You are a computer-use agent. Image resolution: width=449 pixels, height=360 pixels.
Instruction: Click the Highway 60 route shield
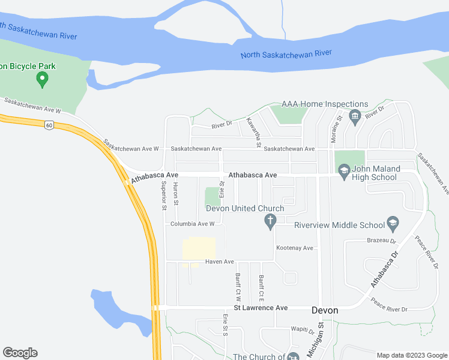click(49, 124)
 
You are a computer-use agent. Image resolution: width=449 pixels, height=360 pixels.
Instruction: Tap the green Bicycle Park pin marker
click(42, 78)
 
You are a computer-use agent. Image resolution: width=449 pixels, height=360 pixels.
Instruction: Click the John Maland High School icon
click(344, 172)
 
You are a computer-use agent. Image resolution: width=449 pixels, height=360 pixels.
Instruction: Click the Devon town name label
click(325, 310)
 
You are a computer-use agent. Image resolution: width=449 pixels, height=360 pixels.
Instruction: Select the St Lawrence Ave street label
click(261, 308)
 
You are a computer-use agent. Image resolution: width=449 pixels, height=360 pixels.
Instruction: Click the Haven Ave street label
click(219, 262)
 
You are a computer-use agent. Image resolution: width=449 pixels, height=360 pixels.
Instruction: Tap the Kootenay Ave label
click(295, 248)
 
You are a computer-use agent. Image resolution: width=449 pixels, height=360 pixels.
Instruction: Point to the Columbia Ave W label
click(192, 224)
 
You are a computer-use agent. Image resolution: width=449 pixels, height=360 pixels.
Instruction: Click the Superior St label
click(163, 196)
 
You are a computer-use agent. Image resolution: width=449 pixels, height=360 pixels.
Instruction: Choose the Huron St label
click(176, 194)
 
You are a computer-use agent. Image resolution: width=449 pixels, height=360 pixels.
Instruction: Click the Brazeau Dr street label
click(382, 241)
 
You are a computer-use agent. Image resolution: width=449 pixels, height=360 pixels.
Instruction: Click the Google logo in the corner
click(20, 353)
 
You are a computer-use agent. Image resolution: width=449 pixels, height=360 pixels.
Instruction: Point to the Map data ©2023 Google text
click(411, 355)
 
